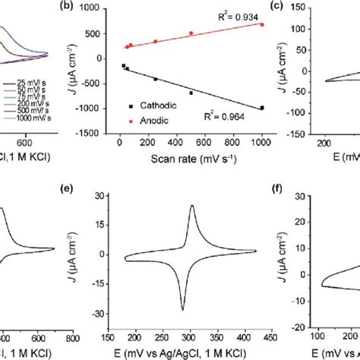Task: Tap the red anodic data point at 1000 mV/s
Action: [x=262, y=24]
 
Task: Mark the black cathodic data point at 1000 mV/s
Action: [x=262, y=108]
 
